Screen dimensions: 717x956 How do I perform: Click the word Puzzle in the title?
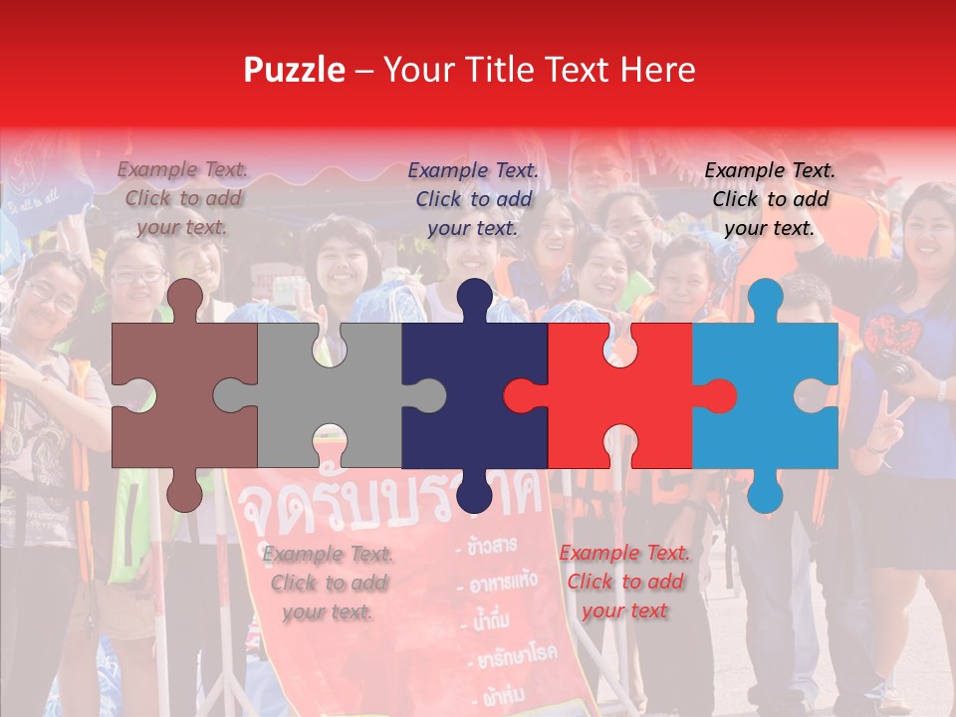coord(294,70)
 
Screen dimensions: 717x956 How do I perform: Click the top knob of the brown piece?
coord(184,299)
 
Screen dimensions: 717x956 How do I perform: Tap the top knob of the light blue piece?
coord(765,299)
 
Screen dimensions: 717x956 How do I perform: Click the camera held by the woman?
coord(894,367)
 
